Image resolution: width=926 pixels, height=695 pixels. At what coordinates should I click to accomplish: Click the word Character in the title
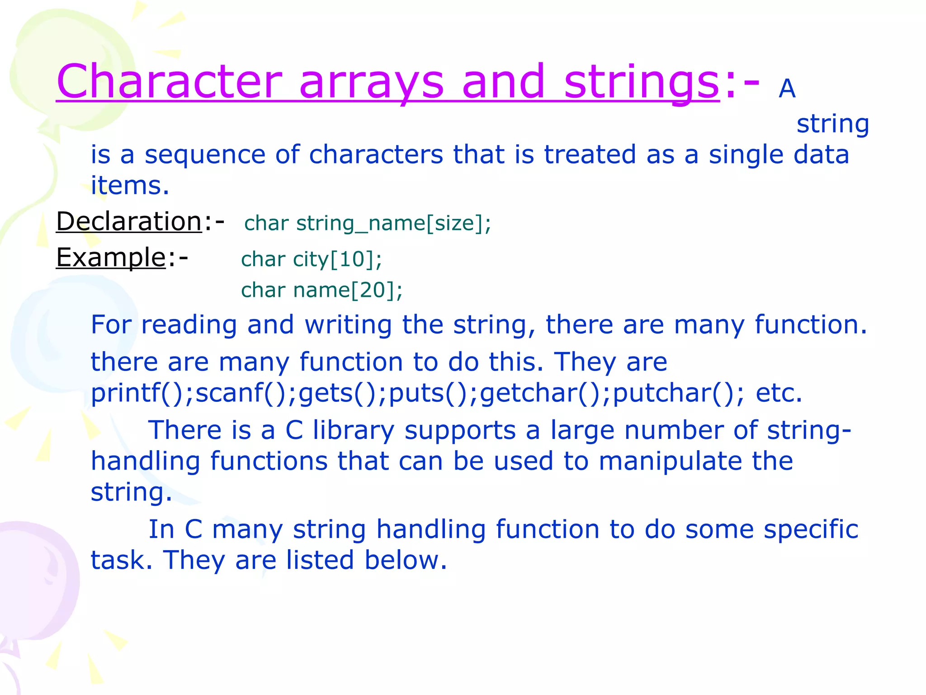(170, 81)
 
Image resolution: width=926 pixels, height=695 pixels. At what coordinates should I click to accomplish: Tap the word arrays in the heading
(371, 82)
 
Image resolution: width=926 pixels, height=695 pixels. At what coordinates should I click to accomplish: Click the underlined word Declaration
(129, 221)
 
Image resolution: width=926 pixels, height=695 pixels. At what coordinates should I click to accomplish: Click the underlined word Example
(111, 257)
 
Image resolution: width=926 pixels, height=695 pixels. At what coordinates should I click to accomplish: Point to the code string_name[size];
(393, 224)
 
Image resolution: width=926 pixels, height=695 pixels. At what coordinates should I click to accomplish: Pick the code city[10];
(337, 260)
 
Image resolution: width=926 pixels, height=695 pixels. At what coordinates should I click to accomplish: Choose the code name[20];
(348, 290)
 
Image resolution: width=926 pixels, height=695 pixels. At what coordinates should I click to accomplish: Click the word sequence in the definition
(205, 155)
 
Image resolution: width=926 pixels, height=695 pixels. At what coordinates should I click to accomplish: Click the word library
(354, 430)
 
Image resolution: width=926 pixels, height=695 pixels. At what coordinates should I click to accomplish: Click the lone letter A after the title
(787, 89)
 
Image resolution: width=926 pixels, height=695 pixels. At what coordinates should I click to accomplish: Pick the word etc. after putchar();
(779, 393)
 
